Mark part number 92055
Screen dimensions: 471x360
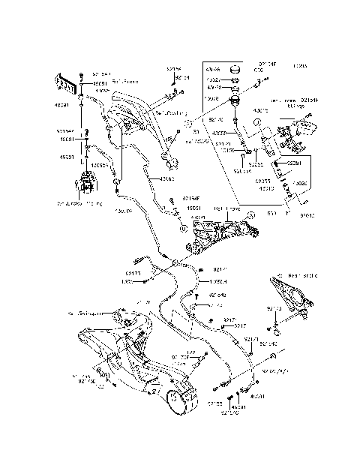pos(256,164)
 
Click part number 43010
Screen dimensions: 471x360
pos(266,189)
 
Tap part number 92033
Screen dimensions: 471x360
pos(262,181)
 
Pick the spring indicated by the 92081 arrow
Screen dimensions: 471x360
pos(275,163)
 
